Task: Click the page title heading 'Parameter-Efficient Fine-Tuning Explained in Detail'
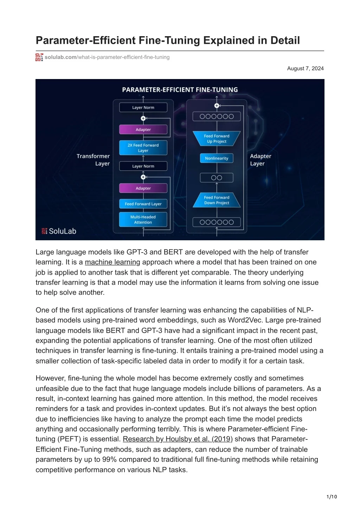coord(168,40)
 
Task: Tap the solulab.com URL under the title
coord(107,57)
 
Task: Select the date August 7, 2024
coord(305,68)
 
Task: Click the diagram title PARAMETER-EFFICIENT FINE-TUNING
coord(180,90)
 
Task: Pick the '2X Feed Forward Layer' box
coord(143,148)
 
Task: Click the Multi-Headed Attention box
coord(143,220)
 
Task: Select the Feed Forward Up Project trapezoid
coord(217,139)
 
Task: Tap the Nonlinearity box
coord(217,158)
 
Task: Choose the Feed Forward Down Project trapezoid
coord(217,200)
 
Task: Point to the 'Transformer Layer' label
coord(94,160)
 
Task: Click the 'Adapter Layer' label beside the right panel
coord(260,160)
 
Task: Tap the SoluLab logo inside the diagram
coord(59,231)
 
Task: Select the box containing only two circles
coord(217,178)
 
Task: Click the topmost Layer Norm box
coord(143,107)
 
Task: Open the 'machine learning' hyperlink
coord(112,262)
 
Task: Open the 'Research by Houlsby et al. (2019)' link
coord(178,439)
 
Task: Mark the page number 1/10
coord(332,497)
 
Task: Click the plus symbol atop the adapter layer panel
coord(217,106)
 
